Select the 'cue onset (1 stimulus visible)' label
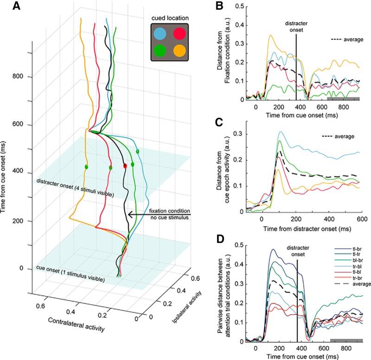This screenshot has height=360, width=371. tap(70, 274)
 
